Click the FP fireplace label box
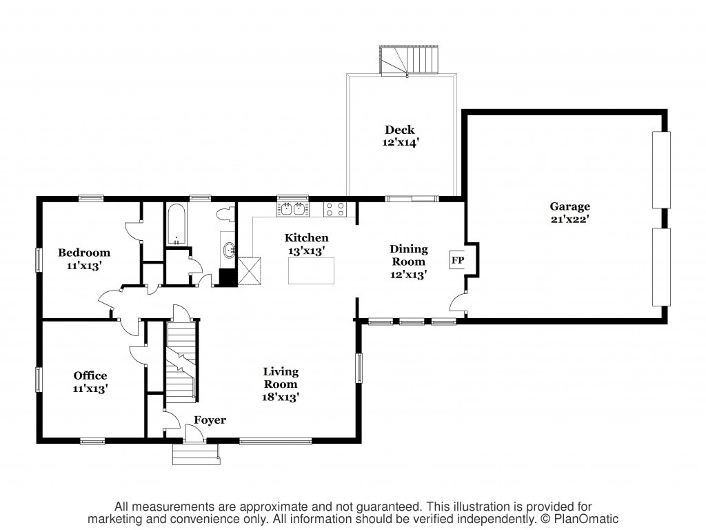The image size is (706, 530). (457, 260)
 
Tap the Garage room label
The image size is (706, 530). (569, 206)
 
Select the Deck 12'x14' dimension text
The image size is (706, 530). (401, 142)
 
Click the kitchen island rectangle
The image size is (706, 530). (311, 271)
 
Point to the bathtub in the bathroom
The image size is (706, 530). (176, 224)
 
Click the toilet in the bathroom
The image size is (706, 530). (226, 215)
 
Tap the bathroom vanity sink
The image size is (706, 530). (230, 248)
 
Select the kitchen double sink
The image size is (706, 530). (292, 209)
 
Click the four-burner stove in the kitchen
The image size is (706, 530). (335, 209)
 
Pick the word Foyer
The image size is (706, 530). (210, 420)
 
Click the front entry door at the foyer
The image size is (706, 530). (194, 433)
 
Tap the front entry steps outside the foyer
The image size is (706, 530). (196, 454)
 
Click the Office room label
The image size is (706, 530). (90, 376)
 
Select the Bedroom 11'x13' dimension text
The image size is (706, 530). (83, 266)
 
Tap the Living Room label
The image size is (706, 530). (281, 377)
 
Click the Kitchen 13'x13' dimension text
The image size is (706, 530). (307, 251)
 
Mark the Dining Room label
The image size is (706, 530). (408, 255)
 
